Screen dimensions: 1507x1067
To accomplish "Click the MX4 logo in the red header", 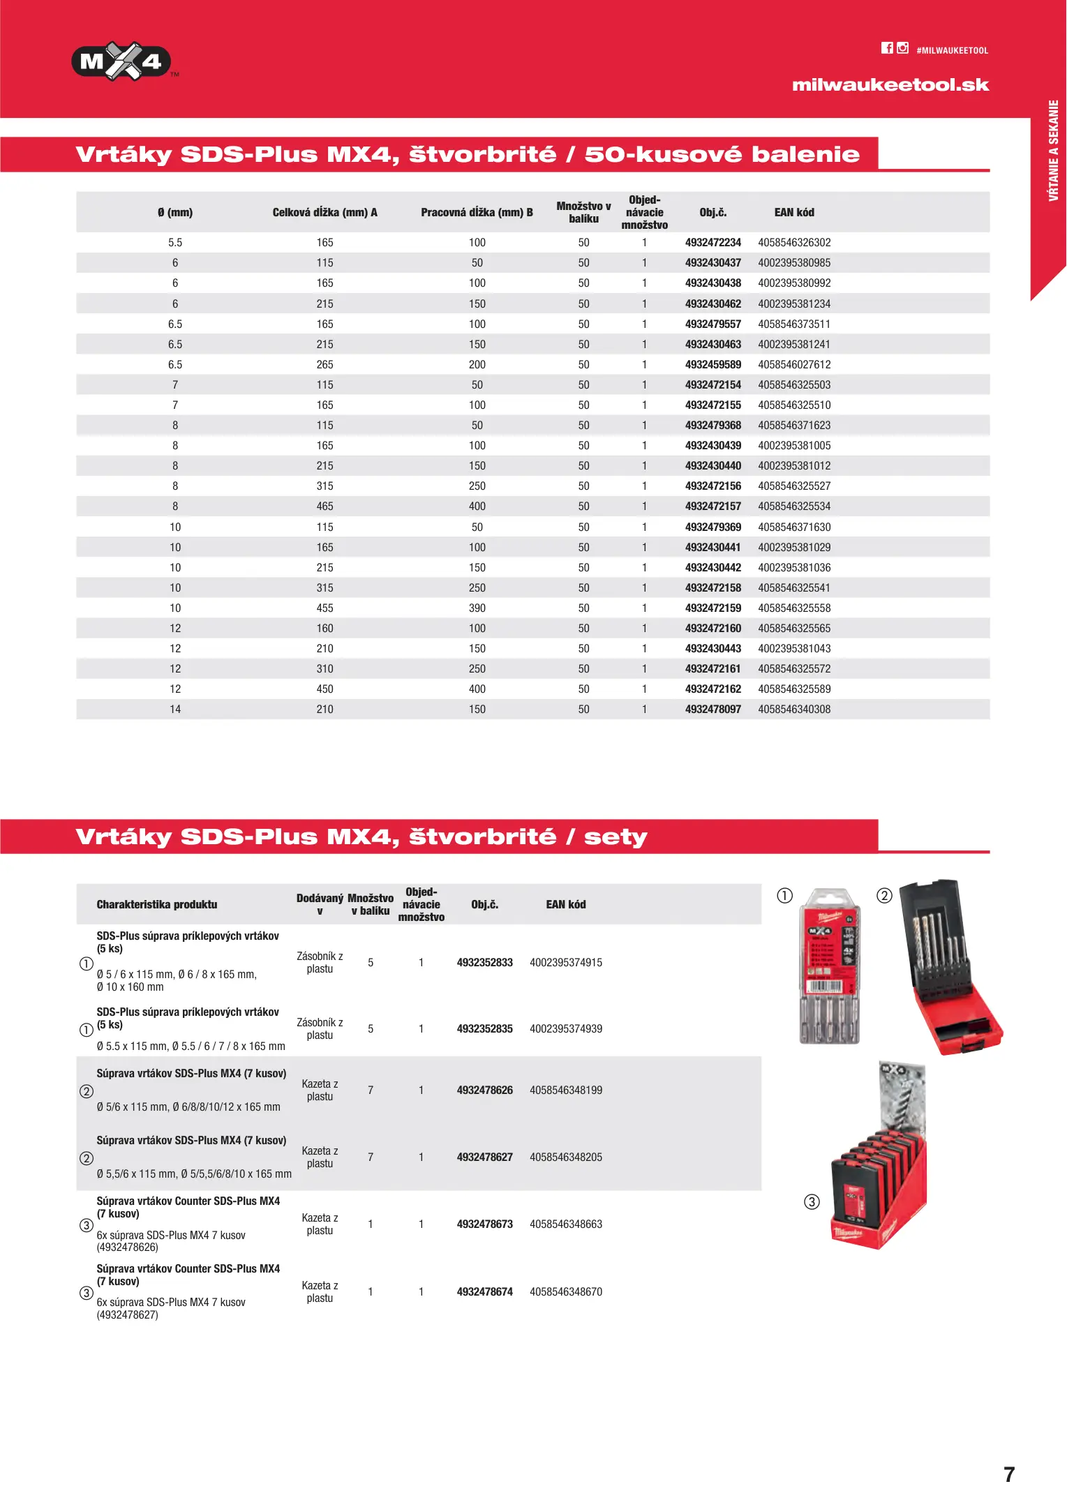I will click(121, 61).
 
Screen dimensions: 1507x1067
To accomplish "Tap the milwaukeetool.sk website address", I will click(890, 85).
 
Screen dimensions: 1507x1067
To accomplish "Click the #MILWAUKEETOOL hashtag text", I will click(952, 51).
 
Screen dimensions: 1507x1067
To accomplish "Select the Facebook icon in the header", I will click(887, 48).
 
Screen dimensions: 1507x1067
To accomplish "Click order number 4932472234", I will click(712, 243).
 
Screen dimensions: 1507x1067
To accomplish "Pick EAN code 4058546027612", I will click(794, 365).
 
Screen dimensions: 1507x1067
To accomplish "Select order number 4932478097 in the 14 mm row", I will click(712, 710).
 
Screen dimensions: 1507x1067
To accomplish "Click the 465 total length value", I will click(324, 507).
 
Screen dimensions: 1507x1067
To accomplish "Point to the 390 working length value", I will click(477, 608).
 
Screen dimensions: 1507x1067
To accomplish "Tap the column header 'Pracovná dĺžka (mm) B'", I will click(477, 213).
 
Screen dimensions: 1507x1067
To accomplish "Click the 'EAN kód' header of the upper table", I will click(794, 213).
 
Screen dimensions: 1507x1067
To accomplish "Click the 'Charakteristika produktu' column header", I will click(157, 905).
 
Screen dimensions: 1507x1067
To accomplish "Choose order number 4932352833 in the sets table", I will click(484, 963).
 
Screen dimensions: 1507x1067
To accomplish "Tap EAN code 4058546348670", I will click(565, 1292).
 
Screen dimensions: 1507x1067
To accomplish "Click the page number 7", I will click(1009, 1474).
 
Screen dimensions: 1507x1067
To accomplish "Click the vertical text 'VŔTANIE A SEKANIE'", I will click(1054, 151).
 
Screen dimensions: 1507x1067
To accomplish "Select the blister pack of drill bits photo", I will click(829, 966).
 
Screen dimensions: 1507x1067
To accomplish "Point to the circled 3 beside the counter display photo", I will click(812, 1202).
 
